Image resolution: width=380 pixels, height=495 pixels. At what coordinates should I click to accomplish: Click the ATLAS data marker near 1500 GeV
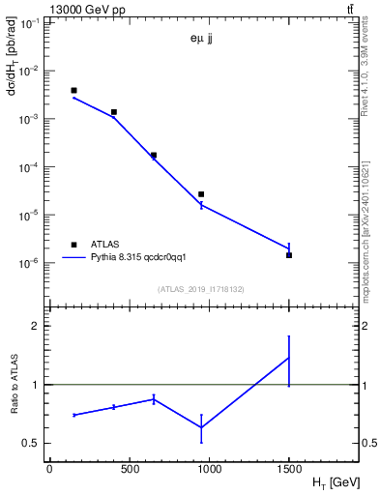pos(289,255)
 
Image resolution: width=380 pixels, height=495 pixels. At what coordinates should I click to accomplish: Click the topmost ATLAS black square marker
pos(73,90)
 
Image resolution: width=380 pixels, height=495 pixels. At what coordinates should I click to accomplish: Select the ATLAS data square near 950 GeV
pos(201,194)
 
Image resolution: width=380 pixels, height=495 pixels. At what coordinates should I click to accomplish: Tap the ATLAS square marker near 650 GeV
pos(154,155)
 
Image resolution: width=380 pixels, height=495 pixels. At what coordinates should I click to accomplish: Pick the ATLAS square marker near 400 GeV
pos(113,112)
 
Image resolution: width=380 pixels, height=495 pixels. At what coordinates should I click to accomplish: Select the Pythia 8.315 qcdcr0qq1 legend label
pos(131,258)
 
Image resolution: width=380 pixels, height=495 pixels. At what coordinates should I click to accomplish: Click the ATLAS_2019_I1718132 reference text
pos(200,289)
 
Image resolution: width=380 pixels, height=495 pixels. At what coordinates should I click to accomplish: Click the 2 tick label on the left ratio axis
pos(34,326)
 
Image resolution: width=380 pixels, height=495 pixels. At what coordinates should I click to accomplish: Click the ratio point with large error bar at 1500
pos(289,359)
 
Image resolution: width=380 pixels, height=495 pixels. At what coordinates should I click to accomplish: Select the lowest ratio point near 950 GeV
pos(201,427)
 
